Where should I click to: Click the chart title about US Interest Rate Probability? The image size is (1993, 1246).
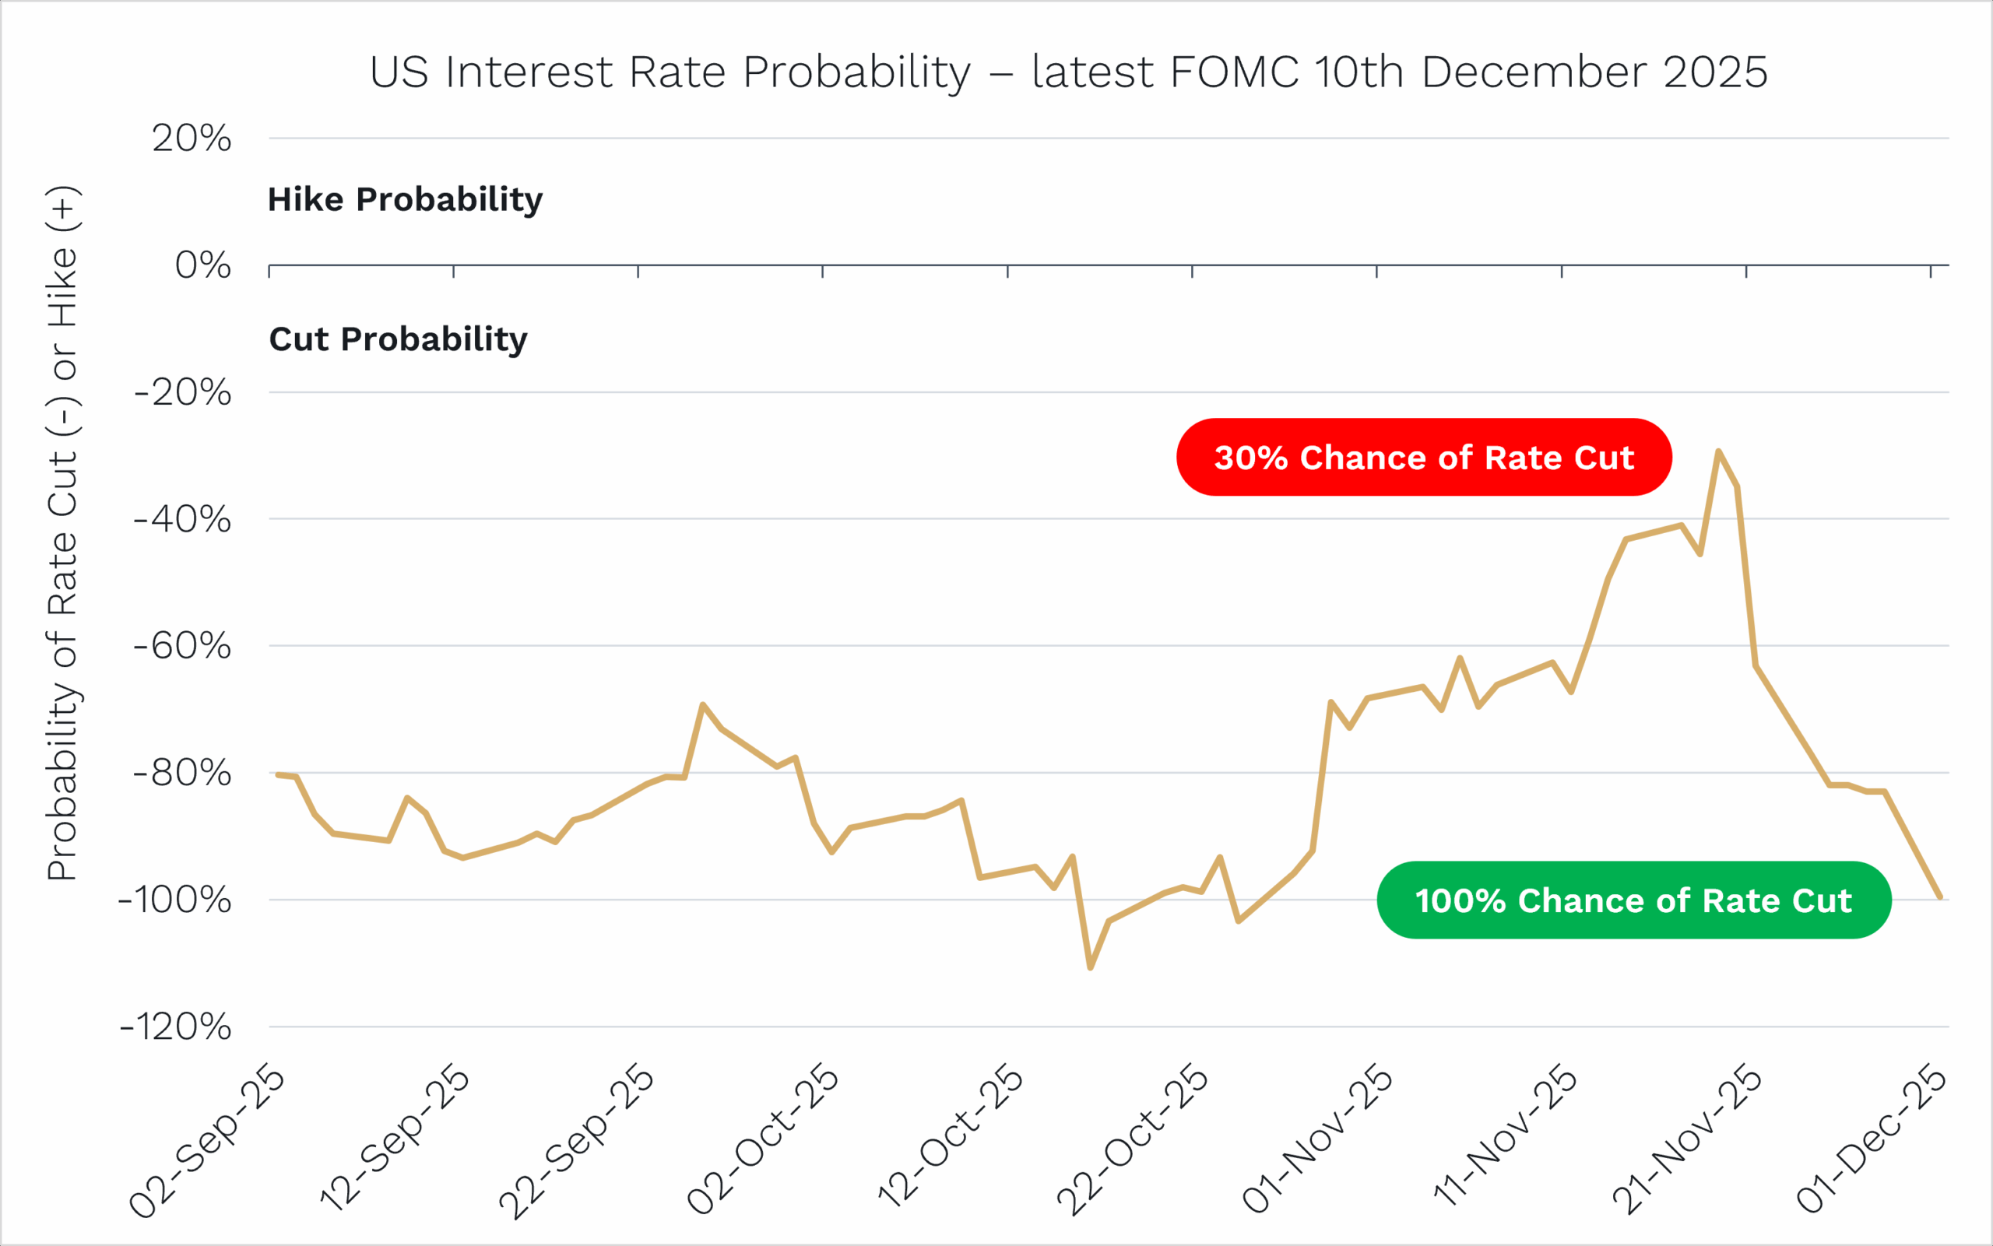pos(1068,72)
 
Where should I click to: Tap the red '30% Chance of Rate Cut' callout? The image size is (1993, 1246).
pos(1423,458)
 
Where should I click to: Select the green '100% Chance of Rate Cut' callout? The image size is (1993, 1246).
pos(1633,900)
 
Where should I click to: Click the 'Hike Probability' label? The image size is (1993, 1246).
pos(405,199)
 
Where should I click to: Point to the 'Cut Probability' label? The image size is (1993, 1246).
pos(398,339)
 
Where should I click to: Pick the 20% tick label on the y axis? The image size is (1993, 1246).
pos(192,139)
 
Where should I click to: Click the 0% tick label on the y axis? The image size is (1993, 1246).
pos(202,265)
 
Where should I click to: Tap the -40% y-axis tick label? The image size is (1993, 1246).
pos(182,519)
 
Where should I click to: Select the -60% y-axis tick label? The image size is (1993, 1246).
pos(182,646)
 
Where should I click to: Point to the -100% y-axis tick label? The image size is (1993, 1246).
pos(174,900)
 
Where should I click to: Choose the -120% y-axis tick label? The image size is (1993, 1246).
pos(174,1027)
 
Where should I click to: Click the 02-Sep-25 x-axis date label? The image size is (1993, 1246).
pos(208,1142)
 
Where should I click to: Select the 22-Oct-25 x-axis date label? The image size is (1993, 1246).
pos(1132,1142)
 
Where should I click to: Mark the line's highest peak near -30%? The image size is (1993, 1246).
pos(1718,451)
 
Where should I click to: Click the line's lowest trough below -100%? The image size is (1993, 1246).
pos(1091,967)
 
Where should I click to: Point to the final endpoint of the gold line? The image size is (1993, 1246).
pos(1940,897)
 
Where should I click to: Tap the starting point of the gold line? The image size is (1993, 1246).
pos(277,774)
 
